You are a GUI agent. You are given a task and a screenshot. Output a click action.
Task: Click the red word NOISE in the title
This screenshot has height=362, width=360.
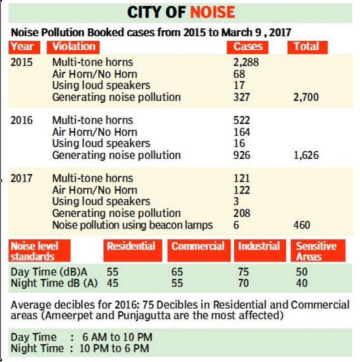[x=212, y=12]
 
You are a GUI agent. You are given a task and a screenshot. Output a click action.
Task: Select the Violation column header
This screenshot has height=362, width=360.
[x=73, y=47]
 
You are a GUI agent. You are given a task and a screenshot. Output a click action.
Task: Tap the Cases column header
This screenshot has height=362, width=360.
[x=247, y=47]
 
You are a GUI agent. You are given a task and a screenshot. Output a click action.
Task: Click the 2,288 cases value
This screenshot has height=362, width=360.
[x=246, y=62]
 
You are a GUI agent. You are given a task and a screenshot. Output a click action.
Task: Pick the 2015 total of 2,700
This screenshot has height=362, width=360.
[x=306, y=97]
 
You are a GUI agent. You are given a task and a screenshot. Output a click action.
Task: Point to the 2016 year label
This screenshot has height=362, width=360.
[x=21, y=120]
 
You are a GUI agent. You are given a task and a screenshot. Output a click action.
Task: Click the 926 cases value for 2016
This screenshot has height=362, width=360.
[x=242, y=155]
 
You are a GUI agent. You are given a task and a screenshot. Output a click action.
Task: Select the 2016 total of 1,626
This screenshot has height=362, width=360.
[x=306, y=155]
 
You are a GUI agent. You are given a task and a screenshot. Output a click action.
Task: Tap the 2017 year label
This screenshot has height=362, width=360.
[x=21, y=178]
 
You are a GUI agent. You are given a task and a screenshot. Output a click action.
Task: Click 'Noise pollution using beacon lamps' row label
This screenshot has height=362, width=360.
[x=132, y=225]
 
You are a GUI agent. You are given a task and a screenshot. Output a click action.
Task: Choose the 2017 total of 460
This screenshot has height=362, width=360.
[x=302, y=225]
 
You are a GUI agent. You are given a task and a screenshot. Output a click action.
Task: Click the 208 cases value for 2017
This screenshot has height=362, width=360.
[x=242, y=213]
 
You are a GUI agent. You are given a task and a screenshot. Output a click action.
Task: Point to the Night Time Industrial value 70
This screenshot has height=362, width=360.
[x=243, y=283]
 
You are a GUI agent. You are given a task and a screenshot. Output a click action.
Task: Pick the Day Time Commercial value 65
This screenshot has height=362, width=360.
[x=177, y=272]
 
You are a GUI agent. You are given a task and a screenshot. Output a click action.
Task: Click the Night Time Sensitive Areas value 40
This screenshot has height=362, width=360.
[x=302, y=283]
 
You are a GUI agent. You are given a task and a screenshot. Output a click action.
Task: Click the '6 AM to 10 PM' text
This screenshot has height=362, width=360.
[x=117, y=337]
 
